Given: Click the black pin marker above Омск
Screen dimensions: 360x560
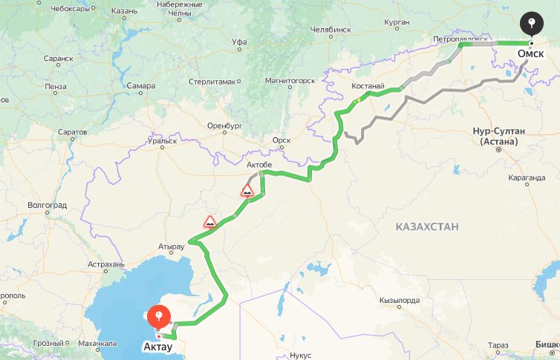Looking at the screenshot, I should [x=530, y=23].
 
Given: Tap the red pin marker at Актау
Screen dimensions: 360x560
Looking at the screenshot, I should [x=158, y=317].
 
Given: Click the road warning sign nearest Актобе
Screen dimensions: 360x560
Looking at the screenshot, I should [x=247, y=191].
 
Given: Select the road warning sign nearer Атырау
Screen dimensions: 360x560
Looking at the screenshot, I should [x=210, y=221].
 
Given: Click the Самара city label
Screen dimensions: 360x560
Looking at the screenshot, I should [x=141, y=86].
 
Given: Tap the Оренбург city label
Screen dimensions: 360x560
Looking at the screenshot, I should [x=226, y=126].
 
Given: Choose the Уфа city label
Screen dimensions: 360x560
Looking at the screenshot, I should [x=238, y=42].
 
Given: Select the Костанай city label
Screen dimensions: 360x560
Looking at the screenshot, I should [x=368, y=86].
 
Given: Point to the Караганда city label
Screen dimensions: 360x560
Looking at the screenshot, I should [x=528, y=178].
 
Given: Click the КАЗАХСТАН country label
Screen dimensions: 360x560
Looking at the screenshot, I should [x=427, y=226].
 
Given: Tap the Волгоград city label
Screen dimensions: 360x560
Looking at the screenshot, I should [x=47, y=205].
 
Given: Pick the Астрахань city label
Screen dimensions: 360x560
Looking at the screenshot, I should [x=106, y=264].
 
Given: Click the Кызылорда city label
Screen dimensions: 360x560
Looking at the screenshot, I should [x=400, y=301].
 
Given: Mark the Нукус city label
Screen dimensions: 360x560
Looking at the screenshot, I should [x=301, y=355].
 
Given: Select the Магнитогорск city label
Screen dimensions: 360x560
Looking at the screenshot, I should [x=290, y=80].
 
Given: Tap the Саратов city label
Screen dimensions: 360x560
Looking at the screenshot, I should [x=72, y=132].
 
